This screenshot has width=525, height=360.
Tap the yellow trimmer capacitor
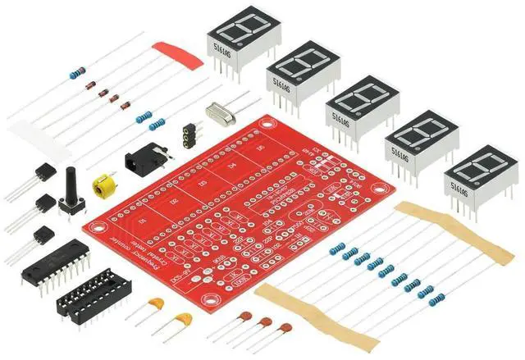click(103, 186)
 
